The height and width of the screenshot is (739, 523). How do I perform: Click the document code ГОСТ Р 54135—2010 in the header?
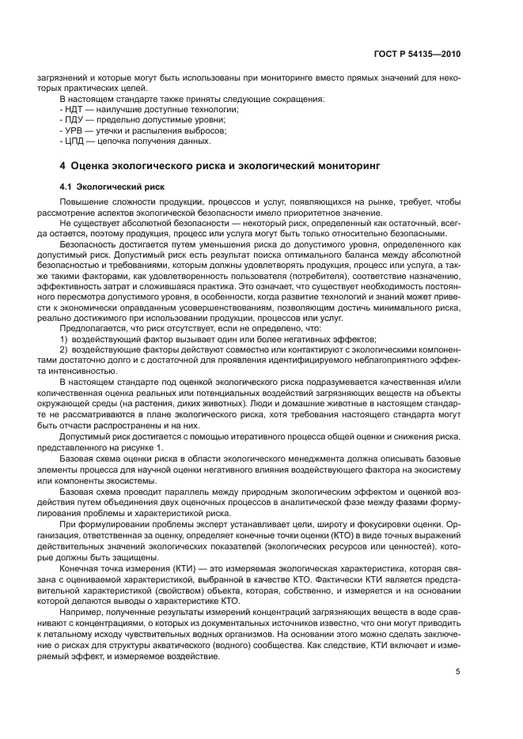[x=418, y=55]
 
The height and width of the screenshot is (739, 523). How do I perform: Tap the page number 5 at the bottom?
[x=458, y=673]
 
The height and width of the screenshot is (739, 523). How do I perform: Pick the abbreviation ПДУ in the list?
[x=75, y=120]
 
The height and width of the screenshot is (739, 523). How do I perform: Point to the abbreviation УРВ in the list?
[x=75, y=130]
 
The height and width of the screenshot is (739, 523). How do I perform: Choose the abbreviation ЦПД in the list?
[x=75, y=141]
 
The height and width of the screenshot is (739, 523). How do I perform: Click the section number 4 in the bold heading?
[x=63, y=167]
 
